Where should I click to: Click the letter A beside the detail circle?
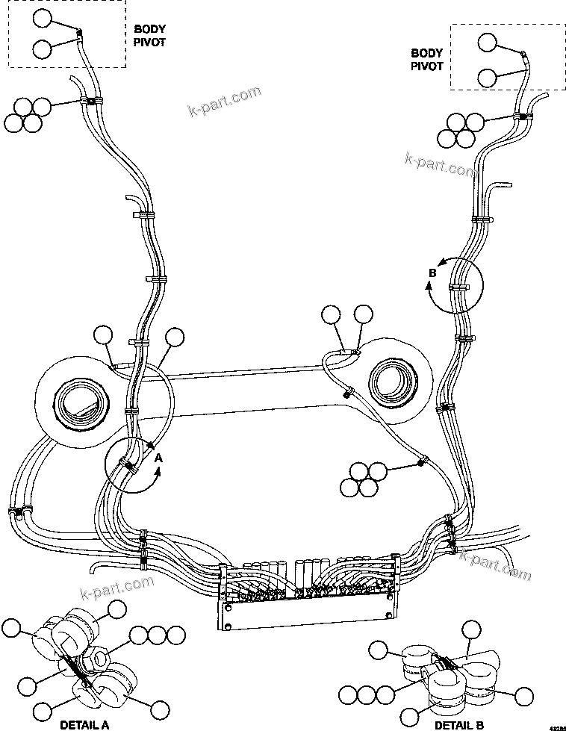(158, 471)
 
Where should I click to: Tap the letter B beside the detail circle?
(432, 274)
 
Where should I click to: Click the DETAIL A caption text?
(84, 723)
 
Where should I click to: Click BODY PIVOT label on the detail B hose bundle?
(427, 60)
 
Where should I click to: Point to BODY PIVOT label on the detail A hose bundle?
(149, 36)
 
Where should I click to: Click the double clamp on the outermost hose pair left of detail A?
(17, 513)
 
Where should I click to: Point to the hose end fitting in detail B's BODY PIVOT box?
(525, 56)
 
